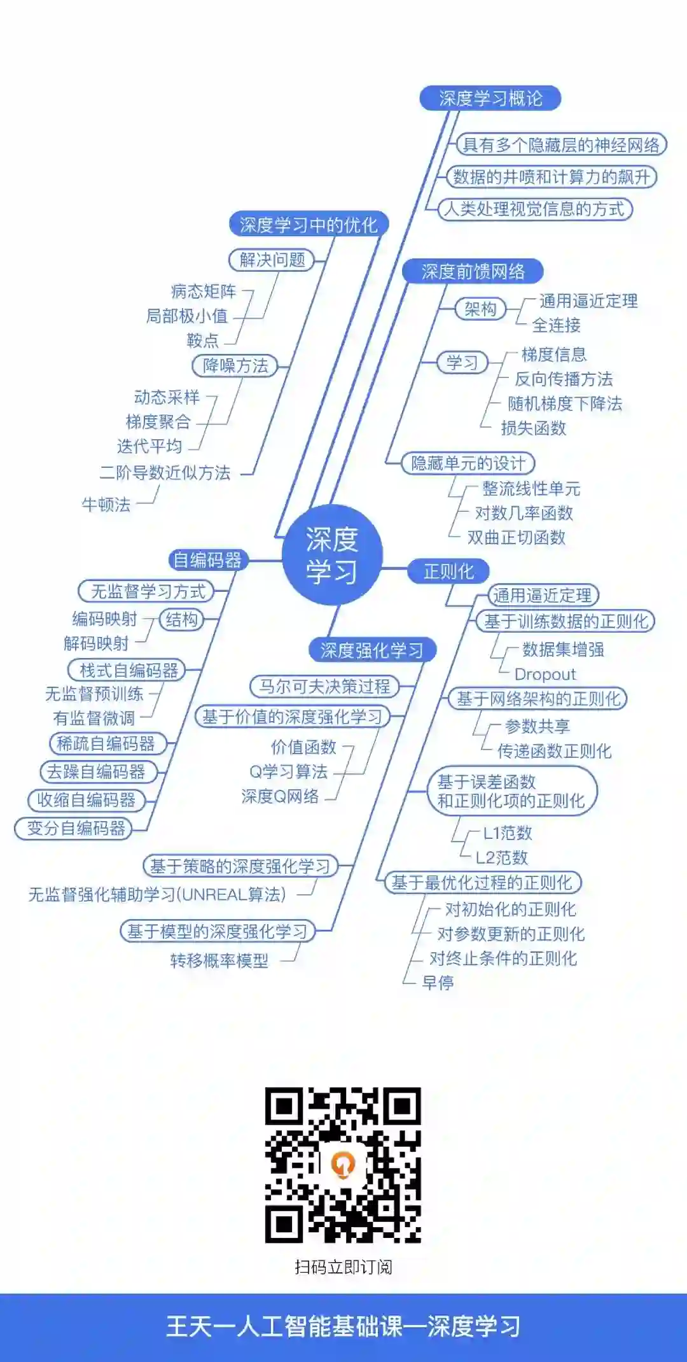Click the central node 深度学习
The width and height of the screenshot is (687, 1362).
click(x=332, y=555)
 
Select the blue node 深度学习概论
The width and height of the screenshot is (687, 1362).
click(x=490, y=99)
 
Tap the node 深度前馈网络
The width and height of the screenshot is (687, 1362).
click(x=473, y=272)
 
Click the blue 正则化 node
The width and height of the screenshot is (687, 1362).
click(x=448, y=572)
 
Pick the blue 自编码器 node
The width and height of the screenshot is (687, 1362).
click(x=207, y=560)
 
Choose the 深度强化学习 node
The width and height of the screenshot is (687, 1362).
click(x=372, y=650)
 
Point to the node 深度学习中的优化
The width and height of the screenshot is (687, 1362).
click(x=309, y=225)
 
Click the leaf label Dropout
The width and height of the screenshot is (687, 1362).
click(x=545, y=674)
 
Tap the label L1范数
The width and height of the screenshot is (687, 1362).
click(x=507, y=832)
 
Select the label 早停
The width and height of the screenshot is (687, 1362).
click(x=438, y=983)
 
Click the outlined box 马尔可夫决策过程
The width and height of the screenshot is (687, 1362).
click(x=324, y=686)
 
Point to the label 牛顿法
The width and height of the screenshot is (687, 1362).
click(x=106, y=505)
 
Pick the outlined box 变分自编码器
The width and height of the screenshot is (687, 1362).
click(x=76, y=828)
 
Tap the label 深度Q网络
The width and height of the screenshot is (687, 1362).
click(x=280, y=796)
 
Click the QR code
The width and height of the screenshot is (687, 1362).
click(x=343, y=1165)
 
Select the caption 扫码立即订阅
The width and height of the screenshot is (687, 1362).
click(x=343, y=1267)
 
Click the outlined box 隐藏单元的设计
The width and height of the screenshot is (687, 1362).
click(x=468, y=463)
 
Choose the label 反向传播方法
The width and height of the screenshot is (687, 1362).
click(x=564, y=379)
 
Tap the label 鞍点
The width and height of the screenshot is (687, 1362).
click(x=203, y=340)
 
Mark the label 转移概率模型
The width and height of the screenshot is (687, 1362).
click(x=219, y=960)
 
